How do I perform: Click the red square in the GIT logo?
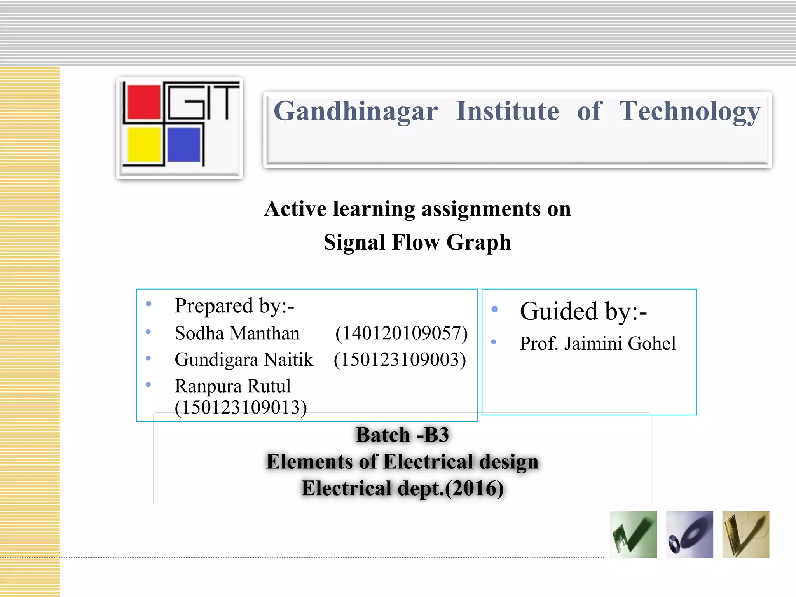coord(144,102)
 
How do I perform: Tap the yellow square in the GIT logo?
coord(144,145)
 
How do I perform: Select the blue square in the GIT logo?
coord(184,145)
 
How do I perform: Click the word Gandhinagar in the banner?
coord(356,112)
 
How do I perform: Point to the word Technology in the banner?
coord(690,112)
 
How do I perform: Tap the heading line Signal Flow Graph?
coord(417,242)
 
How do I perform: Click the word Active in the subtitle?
coord(295,209)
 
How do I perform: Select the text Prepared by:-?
coord(234,306)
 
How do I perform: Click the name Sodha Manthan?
coord(237,333)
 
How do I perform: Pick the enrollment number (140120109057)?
coord(401,333)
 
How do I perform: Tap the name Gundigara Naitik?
coord(244,360)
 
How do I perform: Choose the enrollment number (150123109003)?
coord(400,360)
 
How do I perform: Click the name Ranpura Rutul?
coord(232,386)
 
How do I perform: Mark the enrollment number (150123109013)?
coord(241,407)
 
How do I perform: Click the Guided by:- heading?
coord(583,311)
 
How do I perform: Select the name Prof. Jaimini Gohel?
coord(598,344)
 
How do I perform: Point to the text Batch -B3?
coord(402,435)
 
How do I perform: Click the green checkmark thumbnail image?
coord(634,534)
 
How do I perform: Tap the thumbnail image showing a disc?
coord(690,534)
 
